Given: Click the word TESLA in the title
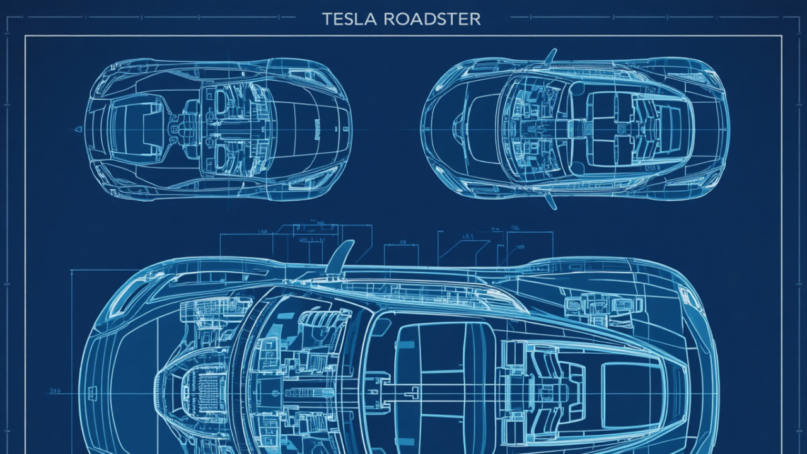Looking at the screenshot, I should pyautogui.click(x=345, y=19).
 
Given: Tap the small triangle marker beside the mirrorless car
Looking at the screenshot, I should pyautogui.click(x=78, y=129).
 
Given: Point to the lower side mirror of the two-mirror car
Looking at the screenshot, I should pyautogui.click(x=551, y=201).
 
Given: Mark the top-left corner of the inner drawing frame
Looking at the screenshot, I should pyautogui.click(x=26, y=37).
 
